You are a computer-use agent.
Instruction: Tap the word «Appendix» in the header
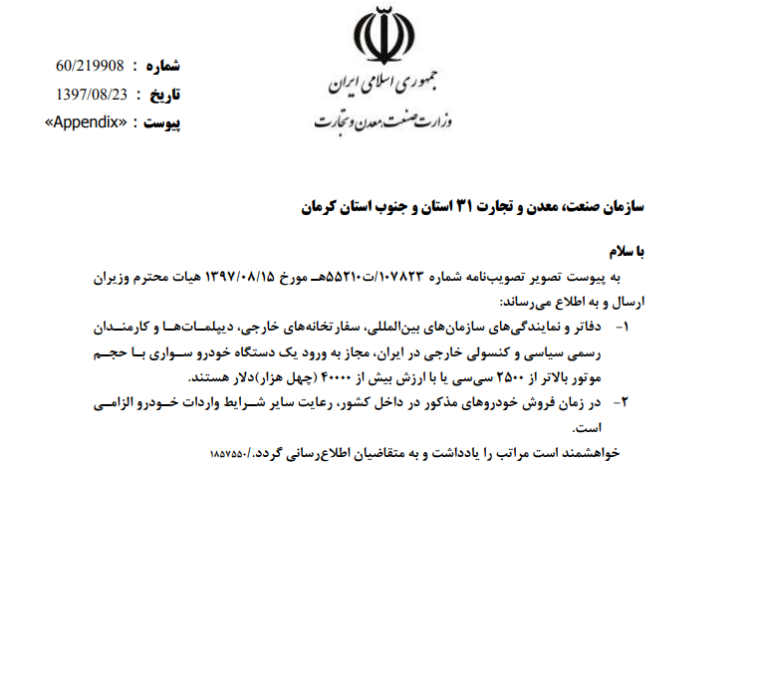pyautogui.click(x=89, y=122)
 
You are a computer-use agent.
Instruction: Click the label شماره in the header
pyautogui.click(x=163, y=67)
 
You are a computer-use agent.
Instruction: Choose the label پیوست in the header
pyautogui.click(x=163, y=122)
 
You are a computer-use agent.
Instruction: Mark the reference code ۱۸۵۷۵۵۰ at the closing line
pyautogui.click(x=232, y=452)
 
